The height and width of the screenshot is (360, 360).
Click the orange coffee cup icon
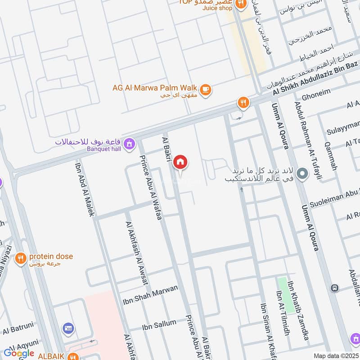tap(206, 90)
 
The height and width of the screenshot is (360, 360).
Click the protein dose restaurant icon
tap(20, 258)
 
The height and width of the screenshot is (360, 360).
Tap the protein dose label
tap(51, 257)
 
